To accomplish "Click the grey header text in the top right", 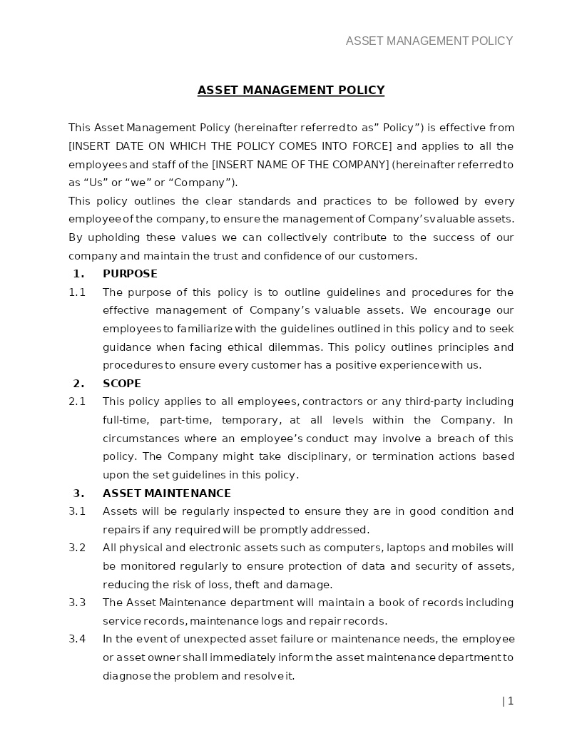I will [429, 41].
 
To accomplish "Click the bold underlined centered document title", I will [291, 90].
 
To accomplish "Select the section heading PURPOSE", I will [130, 274].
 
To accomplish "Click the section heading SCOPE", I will [122, 384].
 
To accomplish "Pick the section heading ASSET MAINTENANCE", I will [167, 493].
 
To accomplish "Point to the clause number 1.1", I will [77, 292].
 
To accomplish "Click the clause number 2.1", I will [77, 401].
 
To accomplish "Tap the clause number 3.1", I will [77, 511].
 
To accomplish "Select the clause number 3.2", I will [77, 548].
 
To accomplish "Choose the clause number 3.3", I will [77, 603].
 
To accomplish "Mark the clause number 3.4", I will [77, 639].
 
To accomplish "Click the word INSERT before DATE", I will [88, 146].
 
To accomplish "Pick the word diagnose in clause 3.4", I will [126, 676].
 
